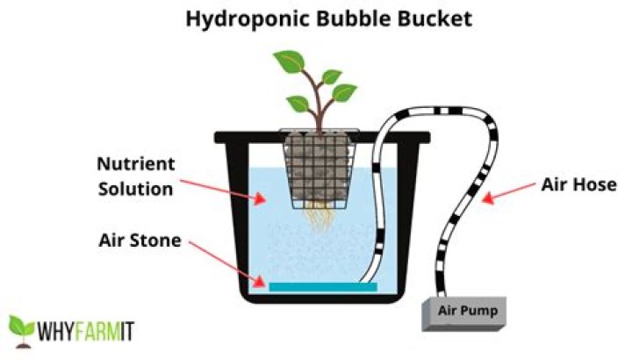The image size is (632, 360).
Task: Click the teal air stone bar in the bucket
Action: click(322, 286)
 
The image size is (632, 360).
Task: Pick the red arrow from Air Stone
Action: click(228, 263)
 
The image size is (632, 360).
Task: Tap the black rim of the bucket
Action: click(255, 138)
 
